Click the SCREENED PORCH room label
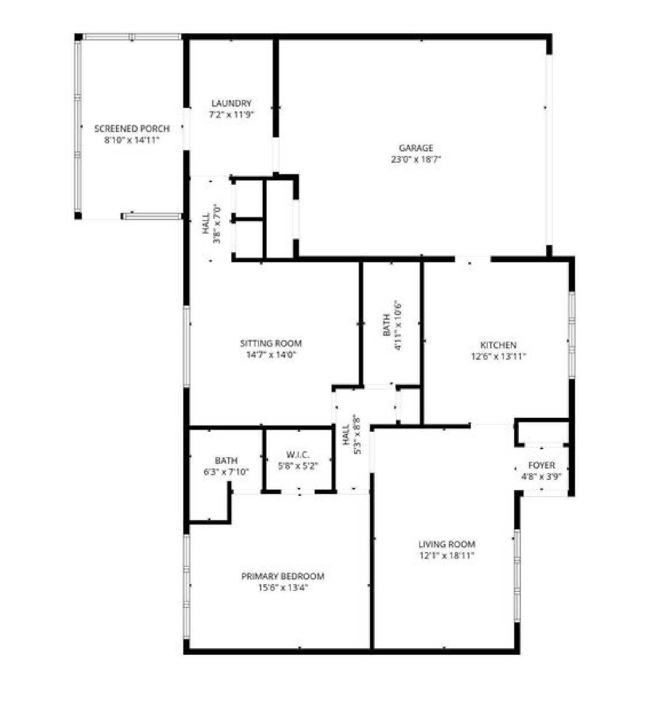pos(132,129)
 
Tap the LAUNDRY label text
pos(231,103)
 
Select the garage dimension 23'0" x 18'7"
pos(416,159)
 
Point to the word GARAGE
pos(416,148)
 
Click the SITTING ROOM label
pos(271,343)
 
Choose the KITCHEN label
pos(498,345)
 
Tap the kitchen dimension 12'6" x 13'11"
pos(498,356)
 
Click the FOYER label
pos(542,465)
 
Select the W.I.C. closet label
pos(298,455)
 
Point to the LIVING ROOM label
pos(447,544)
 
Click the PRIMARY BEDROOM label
pos(283,576)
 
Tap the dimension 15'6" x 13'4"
pos(283,587)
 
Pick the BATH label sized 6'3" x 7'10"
pos(226,461)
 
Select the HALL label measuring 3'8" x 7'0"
pos(206,224)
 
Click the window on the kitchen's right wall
pos(571,335)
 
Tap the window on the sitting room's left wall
pos(187,347)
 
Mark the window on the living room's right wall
pos(517,576)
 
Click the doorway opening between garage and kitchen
pos(473,259)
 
